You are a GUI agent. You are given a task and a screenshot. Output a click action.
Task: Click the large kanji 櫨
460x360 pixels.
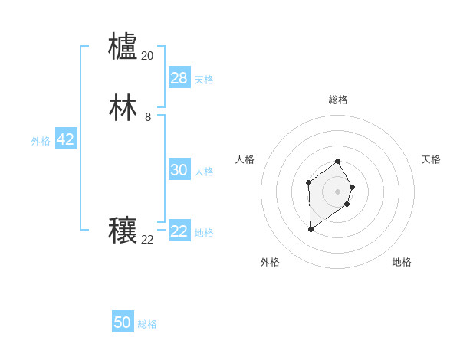point(123,46)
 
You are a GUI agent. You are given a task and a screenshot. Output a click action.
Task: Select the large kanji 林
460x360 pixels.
point(123,108)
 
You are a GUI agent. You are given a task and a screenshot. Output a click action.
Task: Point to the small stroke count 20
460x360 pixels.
point(147,56)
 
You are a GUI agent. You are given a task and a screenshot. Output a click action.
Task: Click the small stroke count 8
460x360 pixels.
point(147,117)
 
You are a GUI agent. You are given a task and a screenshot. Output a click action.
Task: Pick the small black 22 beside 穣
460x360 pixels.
point(147,240)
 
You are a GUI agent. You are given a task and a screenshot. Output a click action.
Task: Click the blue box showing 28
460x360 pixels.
point(179,78)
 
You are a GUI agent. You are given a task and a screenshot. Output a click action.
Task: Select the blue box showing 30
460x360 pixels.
point(179,170)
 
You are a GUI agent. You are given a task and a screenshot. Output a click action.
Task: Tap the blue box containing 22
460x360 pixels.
point(179,231)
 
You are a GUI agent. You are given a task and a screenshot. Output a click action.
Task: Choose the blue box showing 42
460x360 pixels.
point(65,139)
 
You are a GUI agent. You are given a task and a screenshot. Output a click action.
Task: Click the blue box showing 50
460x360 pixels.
point(122,322)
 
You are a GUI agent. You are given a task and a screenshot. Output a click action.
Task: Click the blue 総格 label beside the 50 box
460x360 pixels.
point(147,324)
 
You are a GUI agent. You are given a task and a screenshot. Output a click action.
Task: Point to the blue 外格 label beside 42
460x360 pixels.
point(41,141)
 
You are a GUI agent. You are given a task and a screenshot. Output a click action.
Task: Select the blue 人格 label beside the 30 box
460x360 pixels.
point(204,172)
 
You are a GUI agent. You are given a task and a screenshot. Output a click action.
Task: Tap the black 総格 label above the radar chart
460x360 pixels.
point(338,100)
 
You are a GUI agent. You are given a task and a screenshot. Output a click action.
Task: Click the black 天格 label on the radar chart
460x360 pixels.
point(431,159)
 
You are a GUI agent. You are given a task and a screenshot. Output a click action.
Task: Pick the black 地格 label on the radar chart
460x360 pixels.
point(402,262)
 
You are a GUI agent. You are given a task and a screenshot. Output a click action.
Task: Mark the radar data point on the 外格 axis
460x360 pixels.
point(310,229)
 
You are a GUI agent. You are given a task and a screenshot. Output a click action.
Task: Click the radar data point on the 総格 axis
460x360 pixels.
point(338,161)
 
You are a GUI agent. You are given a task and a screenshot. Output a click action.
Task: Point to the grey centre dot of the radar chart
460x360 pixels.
point(338,191)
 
